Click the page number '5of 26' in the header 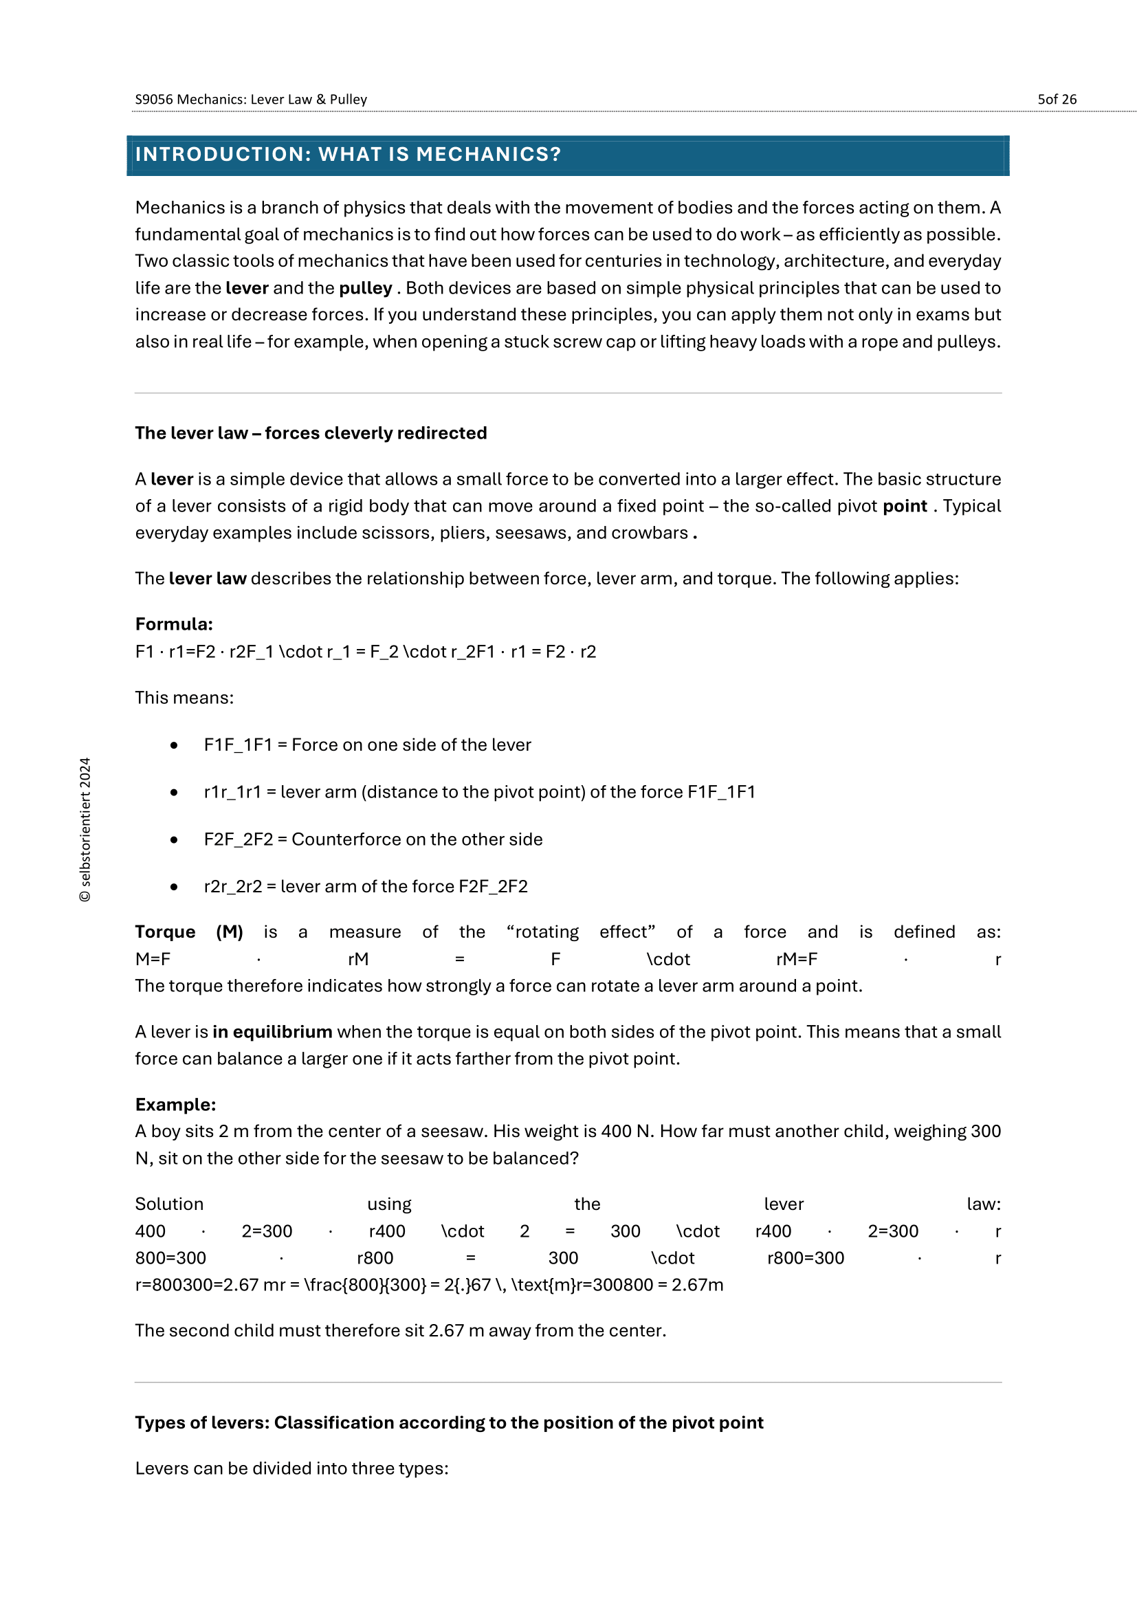[1056, 100]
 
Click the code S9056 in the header [153, 100]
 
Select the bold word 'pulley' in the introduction [365, 288]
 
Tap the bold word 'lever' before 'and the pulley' [247, 288]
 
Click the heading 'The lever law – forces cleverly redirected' [310, 433]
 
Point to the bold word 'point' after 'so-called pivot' [904, 506]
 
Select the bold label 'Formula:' [174, 624]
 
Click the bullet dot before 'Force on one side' [174, 745]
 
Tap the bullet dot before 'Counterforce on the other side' [174, 839]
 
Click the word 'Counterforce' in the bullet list [338, 839]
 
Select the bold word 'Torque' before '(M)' [165, 932]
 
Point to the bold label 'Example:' [175, 1105]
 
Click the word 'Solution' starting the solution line [168, 1204]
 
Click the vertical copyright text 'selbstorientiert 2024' [85, 829]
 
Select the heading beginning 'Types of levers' [448, 1422]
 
